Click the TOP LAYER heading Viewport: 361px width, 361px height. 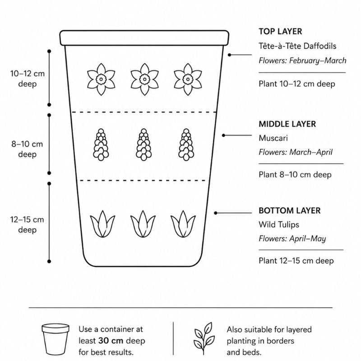pos(280,31)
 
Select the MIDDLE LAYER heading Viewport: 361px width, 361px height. pos(287,124)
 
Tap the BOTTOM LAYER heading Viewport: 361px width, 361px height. pos(289,210)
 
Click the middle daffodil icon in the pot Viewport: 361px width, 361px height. pos(144,79)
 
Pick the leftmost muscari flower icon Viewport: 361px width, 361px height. pos(101,144)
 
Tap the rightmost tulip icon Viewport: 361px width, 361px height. pos(183,224)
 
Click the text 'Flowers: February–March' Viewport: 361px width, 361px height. pos(302,60)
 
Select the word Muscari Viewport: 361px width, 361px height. pos(273,138)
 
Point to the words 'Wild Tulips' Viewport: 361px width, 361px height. pos(279,224)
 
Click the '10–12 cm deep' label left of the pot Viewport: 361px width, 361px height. pos(28,79)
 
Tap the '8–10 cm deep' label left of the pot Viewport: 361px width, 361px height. pos(27,149)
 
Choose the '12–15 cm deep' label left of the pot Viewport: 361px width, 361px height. pos(27,224)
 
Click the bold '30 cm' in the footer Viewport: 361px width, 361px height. pos(111,341)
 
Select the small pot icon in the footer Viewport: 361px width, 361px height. pos(56,339)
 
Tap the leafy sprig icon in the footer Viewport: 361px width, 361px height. pos(204,338)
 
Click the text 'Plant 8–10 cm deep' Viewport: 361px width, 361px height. pos(295,175)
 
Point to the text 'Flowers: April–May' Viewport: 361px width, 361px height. pos(292,239)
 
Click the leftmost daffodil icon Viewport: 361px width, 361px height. pos(101,79)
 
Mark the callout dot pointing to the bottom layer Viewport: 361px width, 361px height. pos(216,213)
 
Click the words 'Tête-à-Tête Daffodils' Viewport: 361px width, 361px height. pos(297,46)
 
